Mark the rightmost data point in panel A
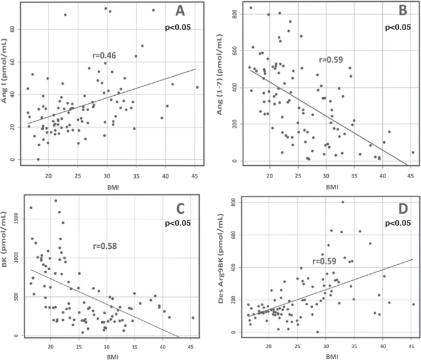point(197,87)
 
